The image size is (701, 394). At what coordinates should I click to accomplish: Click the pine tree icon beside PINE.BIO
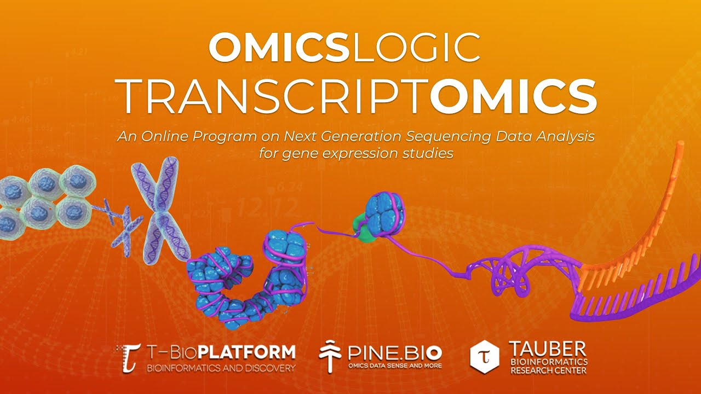coord(330,355)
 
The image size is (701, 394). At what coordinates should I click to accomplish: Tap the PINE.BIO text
coord(394,351)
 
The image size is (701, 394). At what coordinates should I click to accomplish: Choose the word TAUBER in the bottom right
coord(548,349)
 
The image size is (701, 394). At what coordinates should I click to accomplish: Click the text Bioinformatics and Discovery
coord(221,368)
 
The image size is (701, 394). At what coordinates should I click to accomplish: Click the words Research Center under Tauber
coord(548,370)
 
